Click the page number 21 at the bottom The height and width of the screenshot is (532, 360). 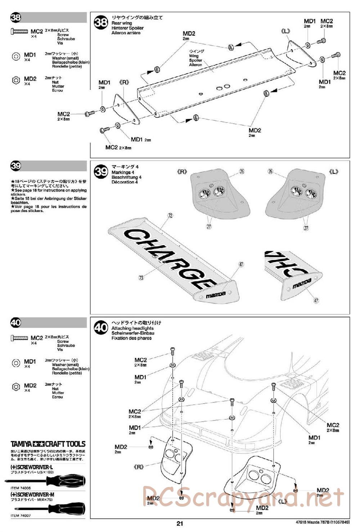(x=180, y=523)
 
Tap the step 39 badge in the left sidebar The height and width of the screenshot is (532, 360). (x=16, y=166)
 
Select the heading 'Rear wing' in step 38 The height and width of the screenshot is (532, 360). (x=122, y=23)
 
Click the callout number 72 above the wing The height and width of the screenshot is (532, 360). (x=170, y=216)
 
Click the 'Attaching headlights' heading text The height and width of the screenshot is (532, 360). (x=132, y=328)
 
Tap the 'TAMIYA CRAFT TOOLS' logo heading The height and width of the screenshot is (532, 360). (x=48, y=444)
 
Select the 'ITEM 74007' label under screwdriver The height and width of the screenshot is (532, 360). (x=20, y=515)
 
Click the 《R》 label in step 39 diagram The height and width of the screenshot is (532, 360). (x=183, y=172)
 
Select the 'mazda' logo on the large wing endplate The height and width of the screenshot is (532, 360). (x=216, y=294)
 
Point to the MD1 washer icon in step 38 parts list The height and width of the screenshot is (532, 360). (x=16, y=57)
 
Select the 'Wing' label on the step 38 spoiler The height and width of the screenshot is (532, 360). (x=194, y=56)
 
